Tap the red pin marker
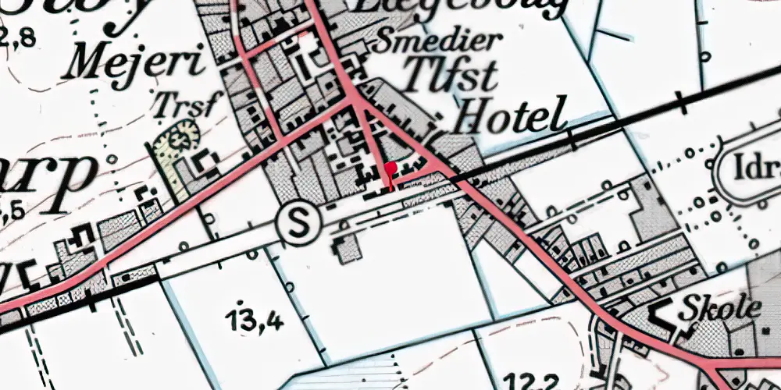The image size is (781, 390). click(390, 173)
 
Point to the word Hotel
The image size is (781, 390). click(510, 116)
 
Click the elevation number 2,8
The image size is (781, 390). click(17, 37)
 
